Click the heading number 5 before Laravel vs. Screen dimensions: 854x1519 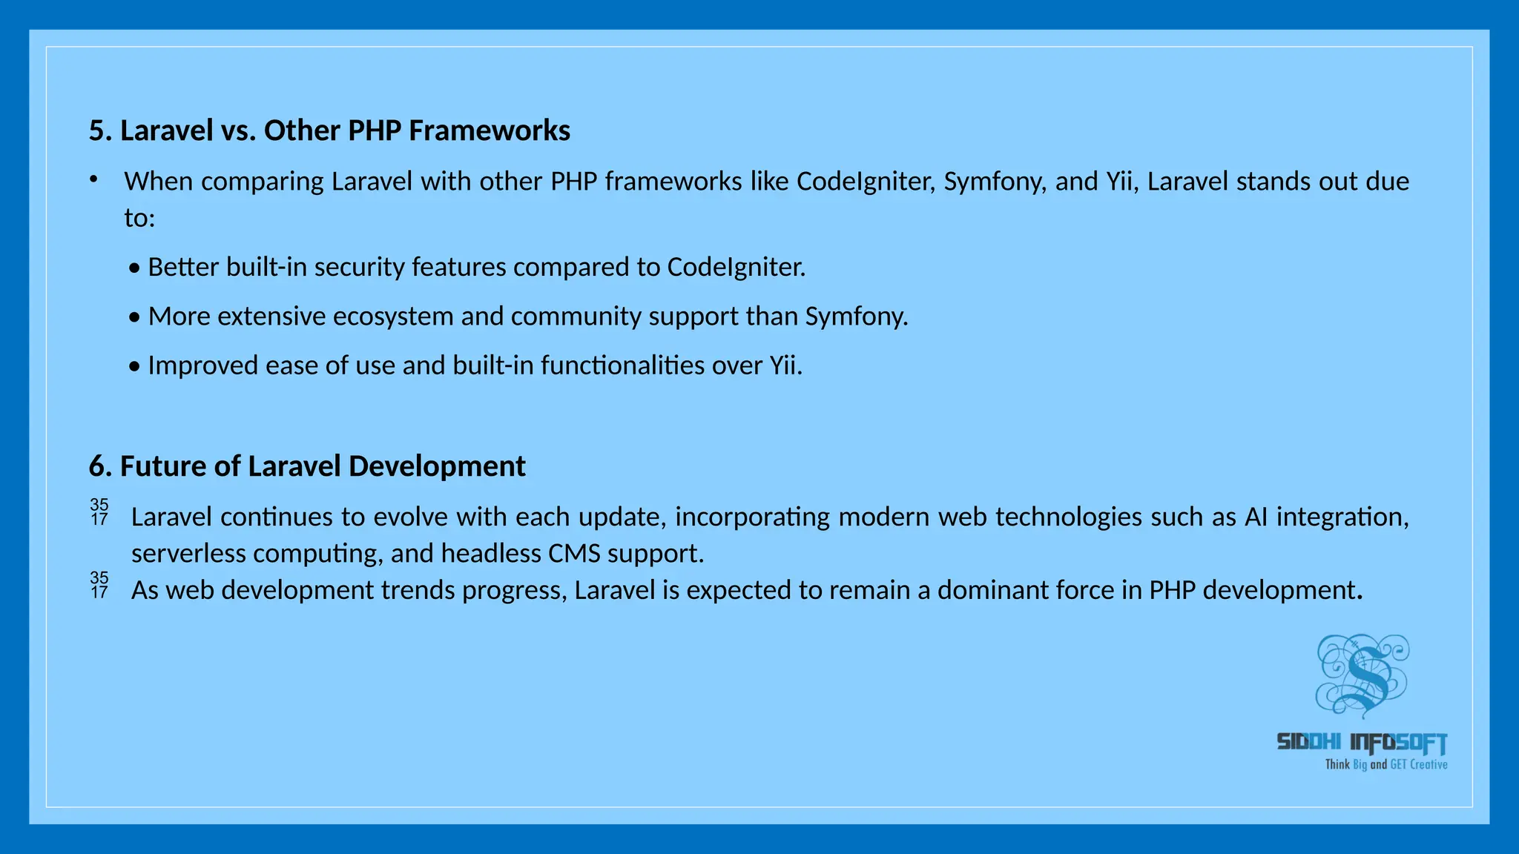96,131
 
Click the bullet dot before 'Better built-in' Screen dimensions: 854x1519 134,268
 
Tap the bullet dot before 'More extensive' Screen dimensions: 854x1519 134,318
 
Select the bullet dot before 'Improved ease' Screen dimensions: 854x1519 134,367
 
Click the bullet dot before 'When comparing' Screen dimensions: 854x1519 93,179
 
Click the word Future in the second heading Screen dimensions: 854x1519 162,467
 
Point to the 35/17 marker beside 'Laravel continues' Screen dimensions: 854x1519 99,512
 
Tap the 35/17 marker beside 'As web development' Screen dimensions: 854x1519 99,585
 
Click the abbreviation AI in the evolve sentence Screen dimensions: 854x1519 1256,517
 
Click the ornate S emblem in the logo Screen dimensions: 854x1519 1363,675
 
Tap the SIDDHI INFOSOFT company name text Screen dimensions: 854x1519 1362,742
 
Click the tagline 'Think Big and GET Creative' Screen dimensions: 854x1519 1385,764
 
